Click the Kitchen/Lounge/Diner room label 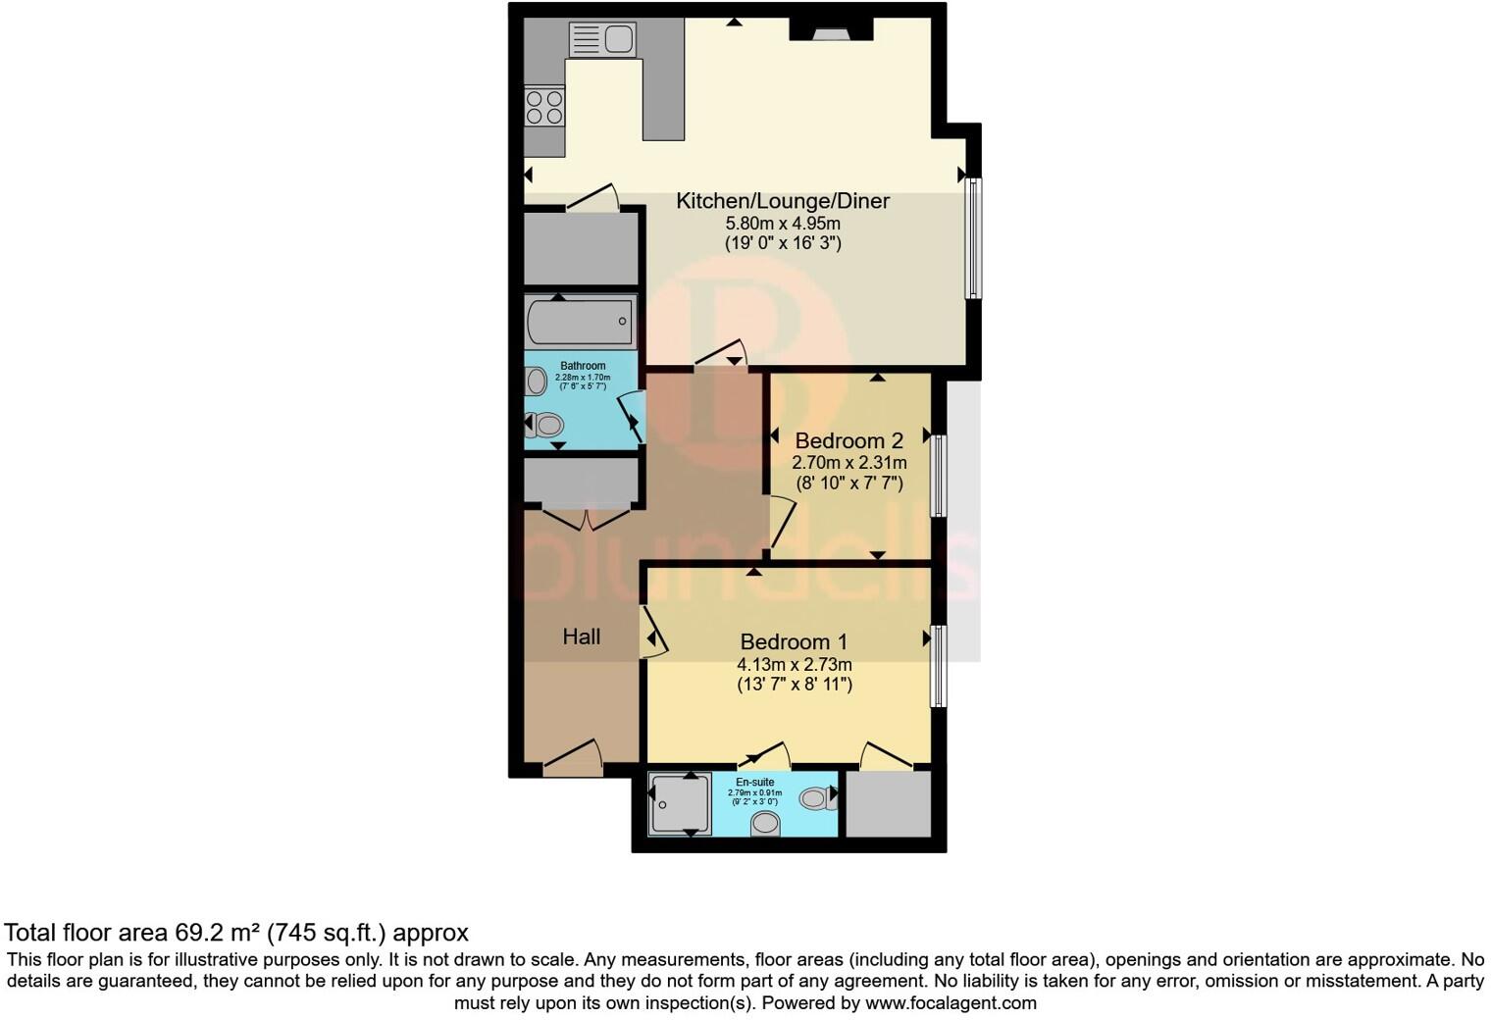point(782,201)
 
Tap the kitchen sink point(600,40)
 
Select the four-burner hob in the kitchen point(544,107)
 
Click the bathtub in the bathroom point(580,321)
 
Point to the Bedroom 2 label point(848,440)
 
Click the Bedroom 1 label point(794,641)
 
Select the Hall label point(581,637)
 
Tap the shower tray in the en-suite point(680,804)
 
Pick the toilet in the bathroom point(545,425)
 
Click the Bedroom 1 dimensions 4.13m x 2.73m point(794,664)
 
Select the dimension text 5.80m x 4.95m point(782,224)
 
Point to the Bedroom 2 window point(939,476)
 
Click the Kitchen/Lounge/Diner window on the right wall point(973,237)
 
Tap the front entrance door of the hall point(573,757)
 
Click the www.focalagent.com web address point(951,1003)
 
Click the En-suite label point(755,782)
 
